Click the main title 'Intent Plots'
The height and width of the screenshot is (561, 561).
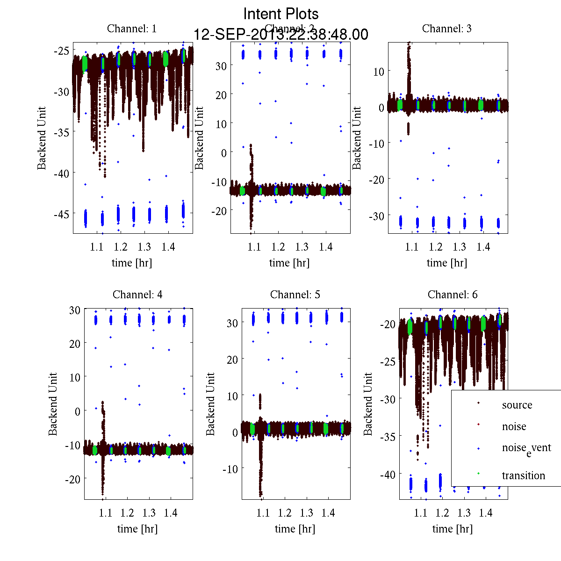[x=281, y=14]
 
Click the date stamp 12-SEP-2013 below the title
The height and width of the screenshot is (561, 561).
[x=281, y=35]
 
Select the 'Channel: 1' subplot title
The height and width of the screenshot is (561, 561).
[x=132, y=29]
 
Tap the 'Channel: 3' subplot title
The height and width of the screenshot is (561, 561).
[x=447, y=29]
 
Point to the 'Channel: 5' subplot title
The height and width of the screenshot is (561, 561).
[x=295, y=295]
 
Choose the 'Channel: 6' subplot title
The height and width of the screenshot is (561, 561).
[x=453, y=295]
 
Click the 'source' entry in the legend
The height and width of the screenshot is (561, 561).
[x=517, y=405]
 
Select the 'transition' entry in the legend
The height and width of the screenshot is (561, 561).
[x=524, y=475]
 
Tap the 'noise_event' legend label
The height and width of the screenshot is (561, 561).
[x=526, y=448]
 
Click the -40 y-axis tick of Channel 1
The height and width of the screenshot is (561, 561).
[x=62, y=173]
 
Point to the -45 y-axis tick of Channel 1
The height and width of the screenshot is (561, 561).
[x=62, y=214]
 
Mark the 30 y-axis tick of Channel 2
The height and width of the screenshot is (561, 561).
[x=221, y=66]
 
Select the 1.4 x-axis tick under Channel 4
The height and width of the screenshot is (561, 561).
[x=171, y=513]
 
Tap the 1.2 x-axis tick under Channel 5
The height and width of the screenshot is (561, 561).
[x=285, y=513]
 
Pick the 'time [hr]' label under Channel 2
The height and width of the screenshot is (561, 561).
[x=289, y=263]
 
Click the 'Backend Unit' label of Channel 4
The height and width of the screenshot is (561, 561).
[x=53, y=404]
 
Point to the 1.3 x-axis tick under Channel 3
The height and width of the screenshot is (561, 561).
[x=460, y=247]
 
